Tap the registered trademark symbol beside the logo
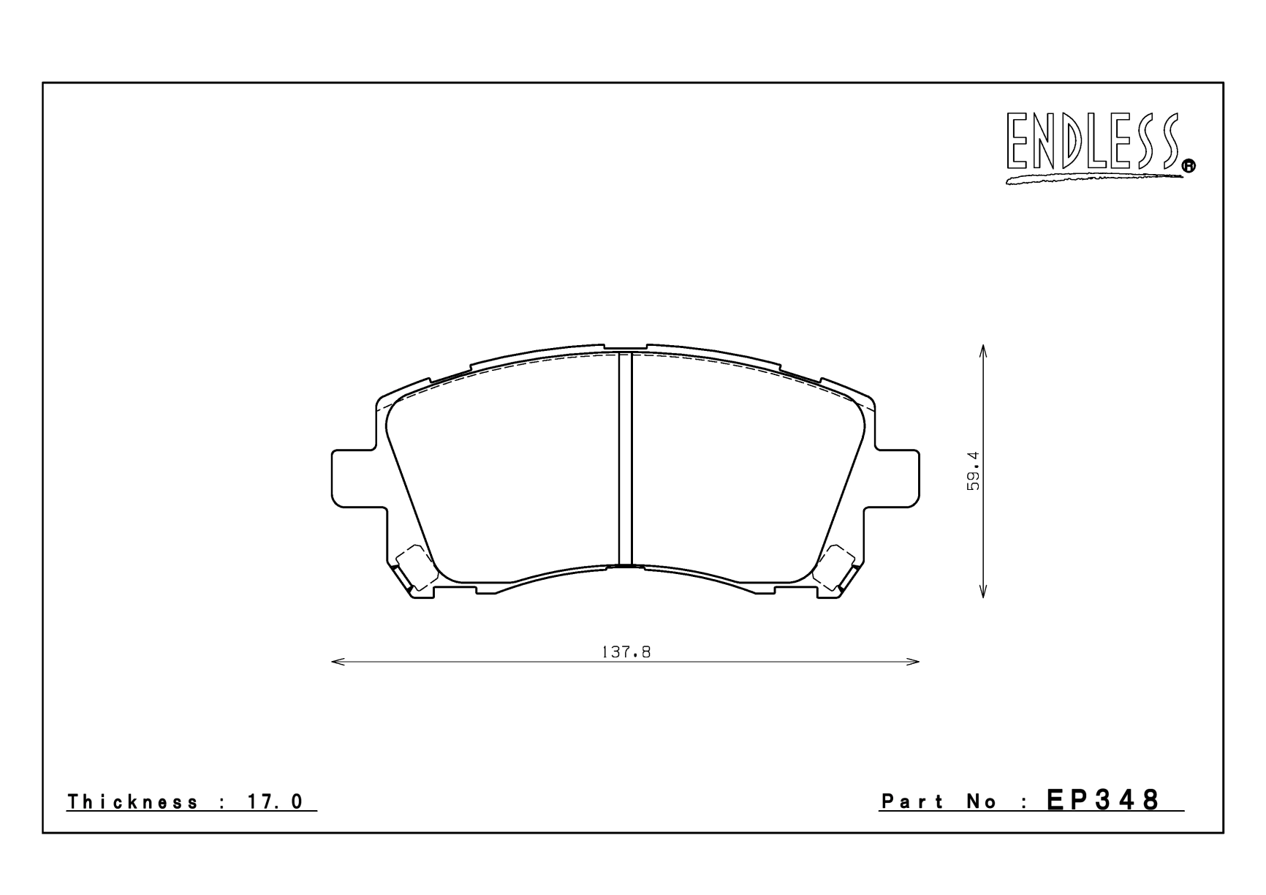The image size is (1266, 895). (x=1189, y=167)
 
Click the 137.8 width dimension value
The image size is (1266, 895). (x=626, y=652)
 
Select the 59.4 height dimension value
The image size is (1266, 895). (x=973, y=470)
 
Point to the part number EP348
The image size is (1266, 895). (x=1104, y=800)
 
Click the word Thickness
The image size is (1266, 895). (x=132, y=802)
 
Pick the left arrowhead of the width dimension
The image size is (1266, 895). (x=338, y=662)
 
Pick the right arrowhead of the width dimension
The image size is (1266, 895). (x=913, y=662)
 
